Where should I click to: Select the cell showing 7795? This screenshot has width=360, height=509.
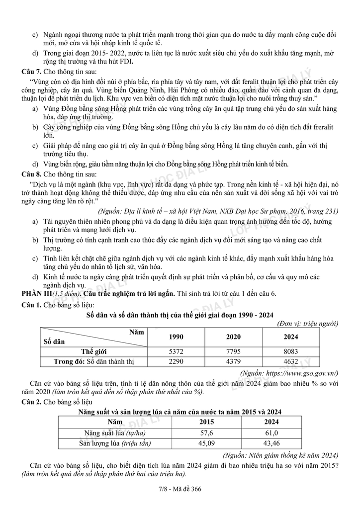[233, 350]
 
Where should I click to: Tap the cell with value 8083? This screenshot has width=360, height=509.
[291, 350]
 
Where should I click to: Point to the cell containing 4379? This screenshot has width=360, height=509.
[233, 361]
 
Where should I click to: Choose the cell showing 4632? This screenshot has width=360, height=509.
[291, 361]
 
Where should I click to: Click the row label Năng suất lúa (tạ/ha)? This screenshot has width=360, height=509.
[111, 432]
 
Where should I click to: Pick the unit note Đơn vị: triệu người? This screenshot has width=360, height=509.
[308, 324]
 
